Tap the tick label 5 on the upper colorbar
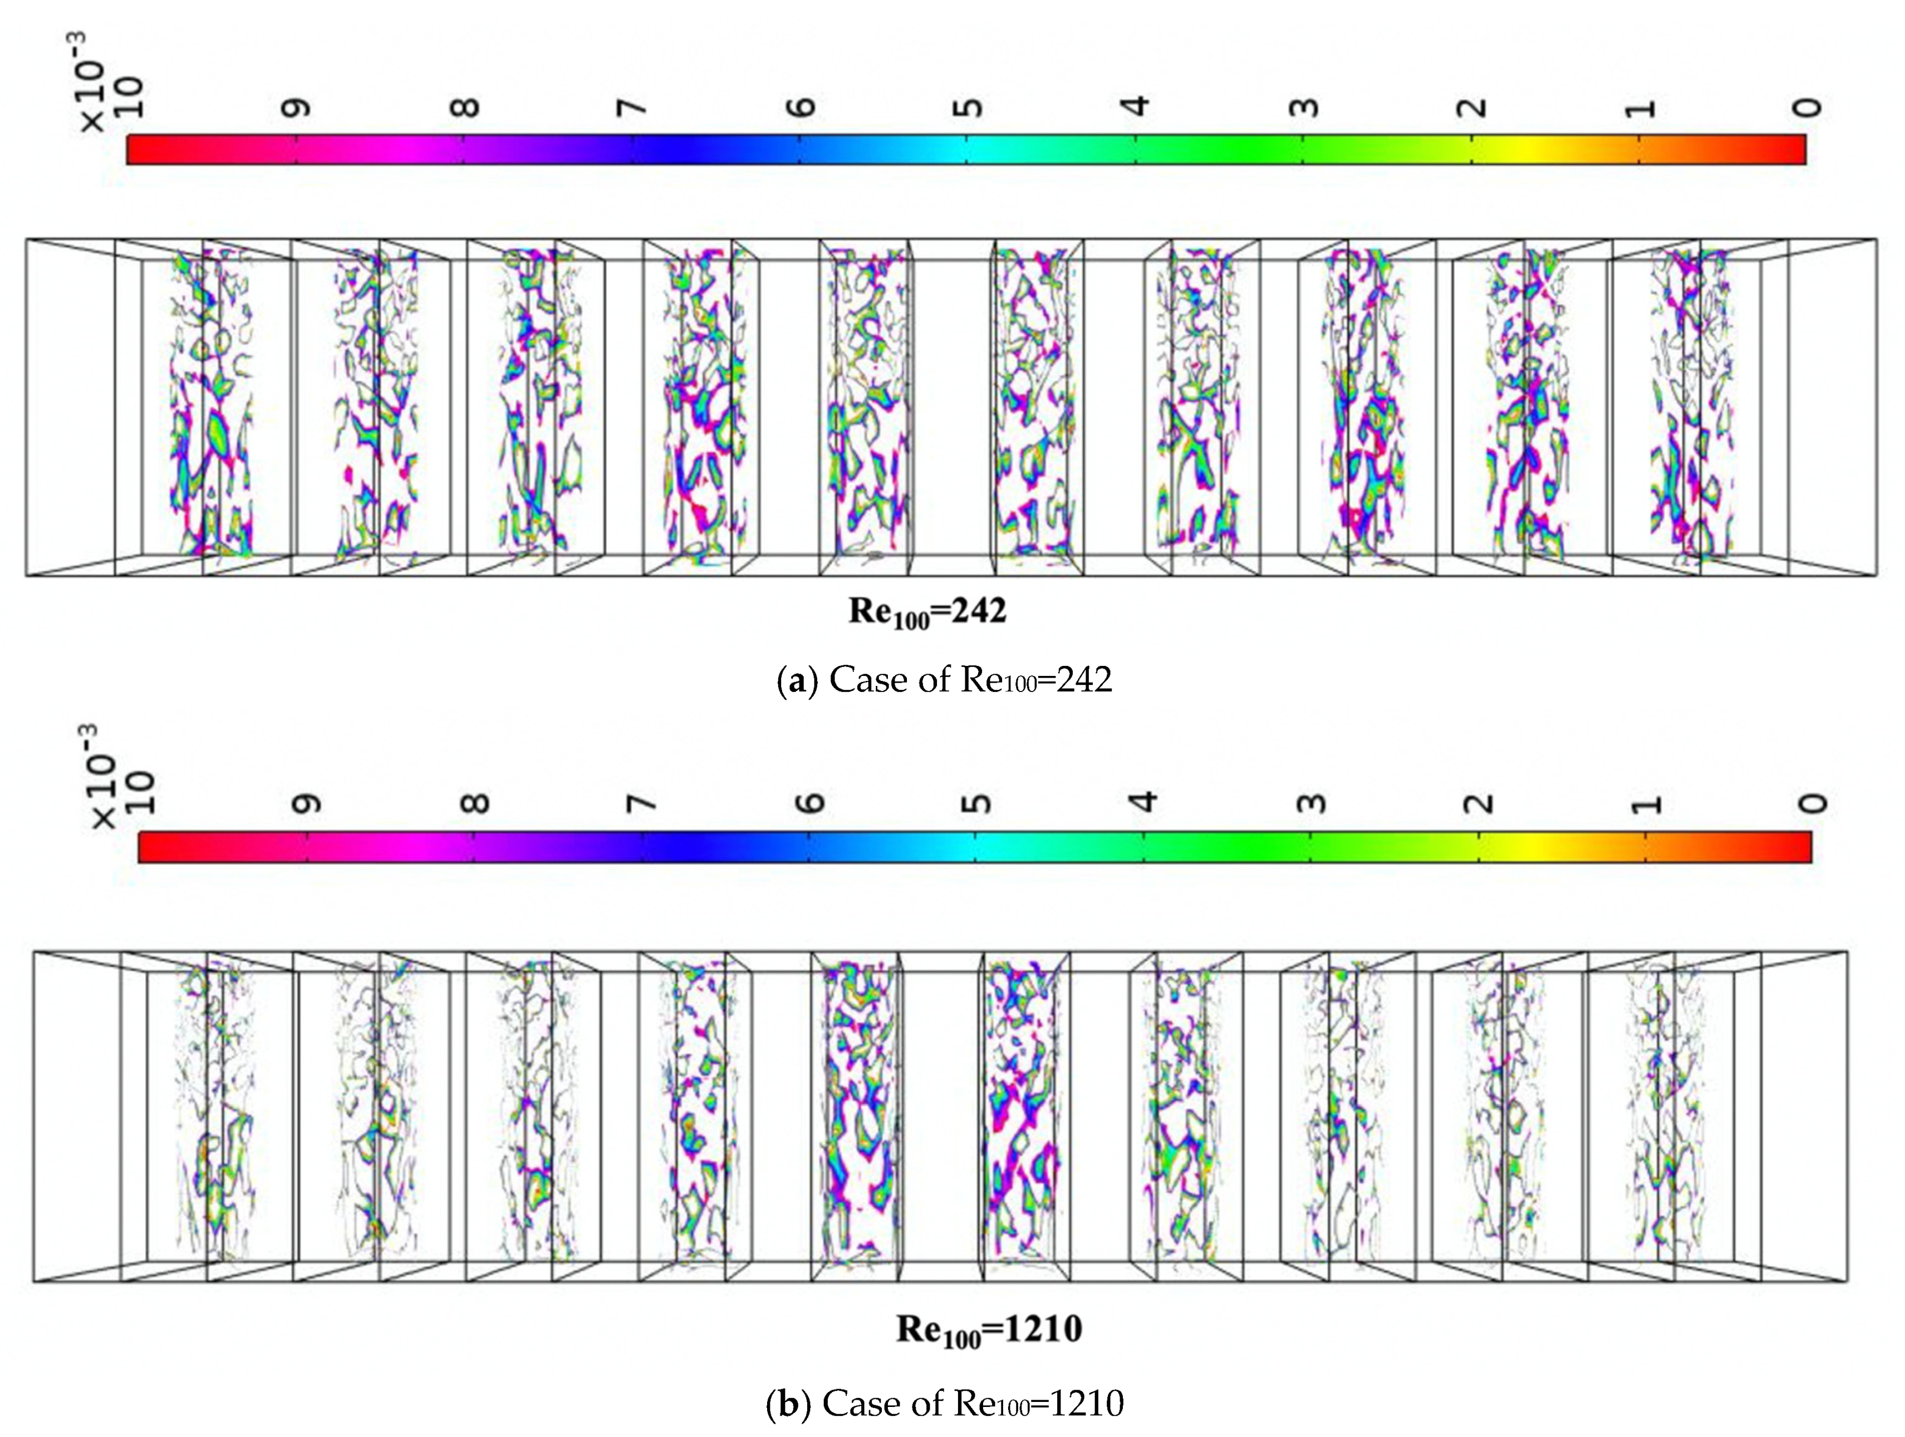point(970,107)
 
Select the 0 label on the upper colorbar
point(1809,107)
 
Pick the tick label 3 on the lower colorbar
point(1311,804)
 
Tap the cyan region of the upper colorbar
point(970,149)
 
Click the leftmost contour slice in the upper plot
point(211,405)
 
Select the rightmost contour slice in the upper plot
point(1688,405)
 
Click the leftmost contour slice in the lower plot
point(215,1120)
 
